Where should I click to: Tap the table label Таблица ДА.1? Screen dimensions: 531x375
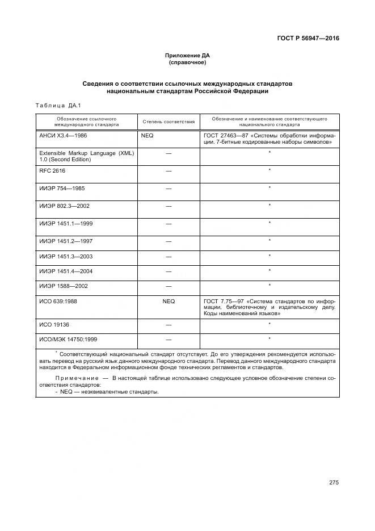click(x=58, y=105)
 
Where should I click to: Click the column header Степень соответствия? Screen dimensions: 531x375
click(x=168, y=122)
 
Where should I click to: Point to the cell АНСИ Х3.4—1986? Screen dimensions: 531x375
click(x=63, y=136)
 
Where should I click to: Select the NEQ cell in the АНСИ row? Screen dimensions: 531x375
click(x=148, y=136)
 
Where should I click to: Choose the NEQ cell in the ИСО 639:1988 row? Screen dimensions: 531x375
click(x=168, y=301)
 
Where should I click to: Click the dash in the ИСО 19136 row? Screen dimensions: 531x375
click(x=168, y=324)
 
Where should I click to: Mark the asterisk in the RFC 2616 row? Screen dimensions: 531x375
click(x=269, y=170)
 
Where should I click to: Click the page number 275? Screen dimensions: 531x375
click(x=334, y=483)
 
